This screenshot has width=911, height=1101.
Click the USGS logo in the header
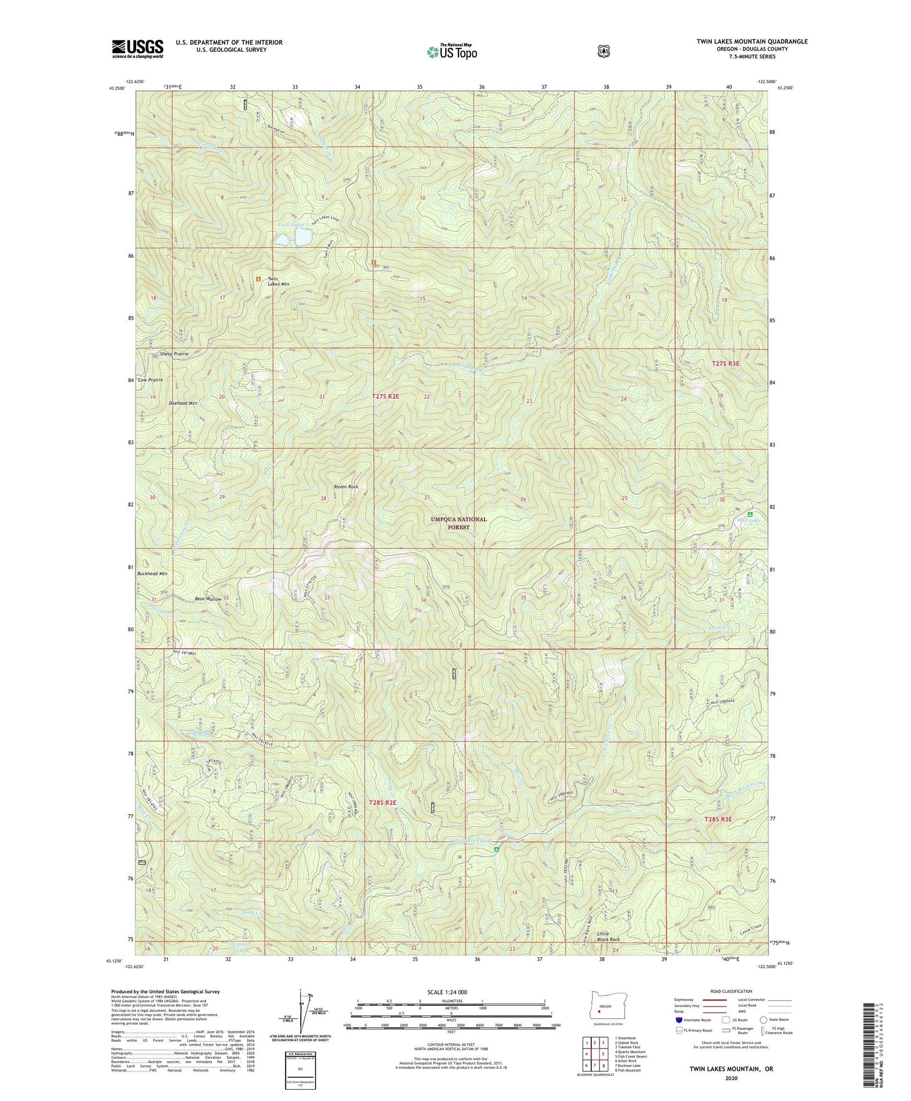point(137,49)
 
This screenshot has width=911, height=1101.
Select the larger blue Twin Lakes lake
point(303,237)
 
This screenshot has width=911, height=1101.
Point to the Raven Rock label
point(345,487)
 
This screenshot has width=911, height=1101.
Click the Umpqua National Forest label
point(458,523)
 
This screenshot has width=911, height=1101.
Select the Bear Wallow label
point(207,599)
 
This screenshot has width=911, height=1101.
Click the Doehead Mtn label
point(183,402)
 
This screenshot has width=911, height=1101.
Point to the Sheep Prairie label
point(174,354)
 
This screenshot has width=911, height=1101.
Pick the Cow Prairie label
point(151,380)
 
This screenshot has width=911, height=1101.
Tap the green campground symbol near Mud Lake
point(750,515)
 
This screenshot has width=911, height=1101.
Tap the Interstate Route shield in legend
point(679,1020)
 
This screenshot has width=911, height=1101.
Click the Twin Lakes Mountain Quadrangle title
point(751,42)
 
